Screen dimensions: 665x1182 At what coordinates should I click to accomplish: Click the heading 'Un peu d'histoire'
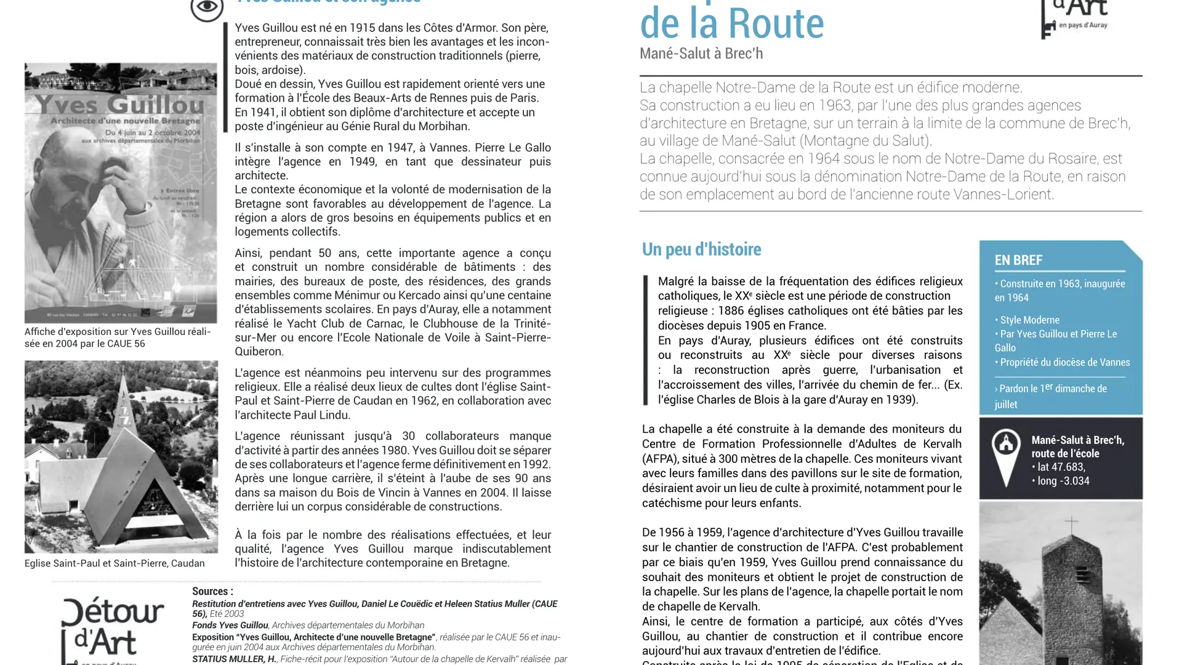click(701, 249)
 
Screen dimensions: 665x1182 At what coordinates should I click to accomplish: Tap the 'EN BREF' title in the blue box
click(1018, 260)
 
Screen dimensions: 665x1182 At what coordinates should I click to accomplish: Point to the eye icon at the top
click(207, 7)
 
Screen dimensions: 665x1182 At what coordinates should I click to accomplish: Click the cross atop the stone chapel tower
click(1071, 525)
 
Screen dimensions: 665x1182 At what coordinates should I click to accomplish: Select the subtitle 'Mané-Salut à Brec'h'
click(701, 54)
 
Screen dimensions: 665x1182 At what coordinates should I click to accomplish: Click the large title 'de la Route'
click(731, 23)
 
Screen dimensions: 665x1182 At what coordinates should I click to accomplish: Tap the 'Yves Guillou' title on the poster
click(119, 104)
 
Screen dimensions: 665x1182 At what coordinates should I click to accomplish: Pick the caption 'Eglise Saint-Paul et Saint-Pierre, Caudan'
click(115, 563)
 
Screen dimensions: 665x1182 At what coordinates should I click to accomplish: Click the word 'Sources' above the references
click(209, 591)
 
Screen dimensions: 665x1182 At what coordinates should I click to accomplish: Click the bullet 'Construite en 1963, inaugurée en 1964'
click(1059, 291)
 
